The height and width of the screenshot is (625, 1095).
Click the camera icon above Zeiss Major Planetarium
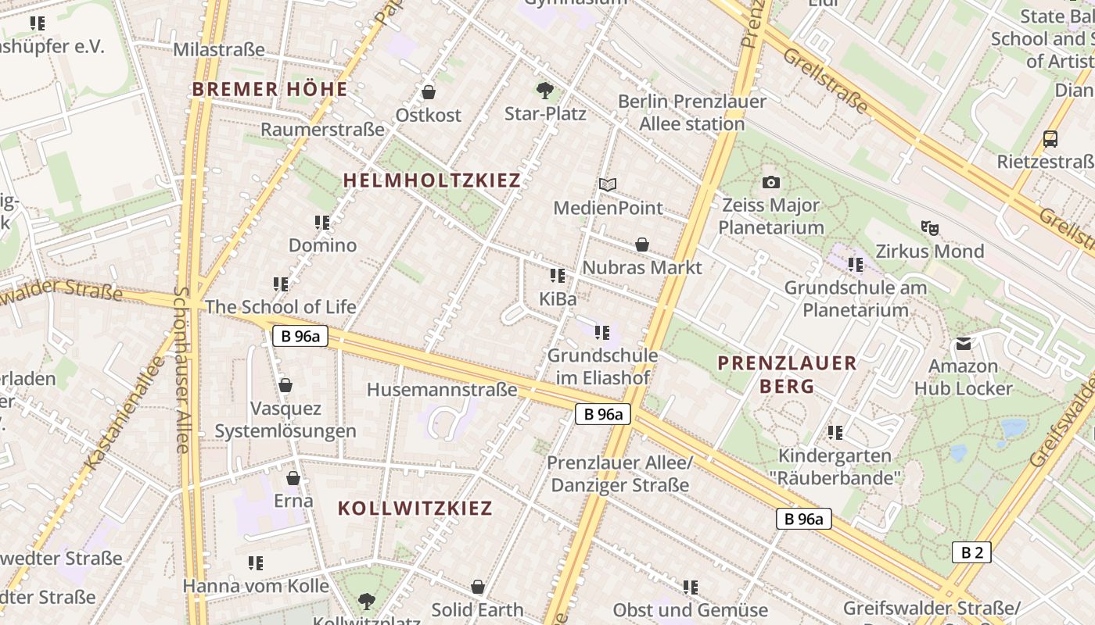771,183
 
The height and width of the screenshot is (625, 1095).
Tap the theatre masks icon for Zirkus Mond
929,228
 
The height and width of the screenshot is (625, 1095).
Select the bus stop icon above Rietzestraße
1050,139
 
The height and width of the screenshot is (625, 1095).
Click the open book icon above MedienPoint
608,185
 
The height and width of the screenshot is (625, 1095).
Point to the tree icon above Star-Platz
545,91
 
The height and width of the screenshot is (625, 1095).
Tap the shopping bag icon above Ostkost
429,92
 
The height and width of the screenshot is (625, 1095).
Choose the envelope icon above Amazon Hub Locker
963,344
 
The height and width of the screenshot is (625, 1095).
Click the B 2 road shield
971,552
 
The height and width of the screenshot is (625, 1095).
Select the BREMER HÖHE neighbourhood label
270,89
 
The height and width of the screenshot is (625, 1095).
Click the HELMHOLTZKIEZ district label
432,180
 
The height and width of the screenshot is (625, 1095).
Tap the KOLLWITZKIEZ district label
415,508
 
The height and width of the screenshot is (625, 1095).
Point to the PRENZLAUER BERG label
787,374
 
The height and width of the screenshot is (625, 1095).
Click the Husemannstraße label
442,389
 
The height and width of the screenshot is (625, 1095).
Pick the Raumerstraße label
322,129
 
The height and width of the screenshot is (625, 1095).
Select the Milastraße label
219,50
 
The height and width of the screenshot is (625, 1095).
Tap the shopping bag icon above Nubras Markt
642,245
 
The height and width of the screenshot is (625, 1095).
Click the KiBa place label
558,298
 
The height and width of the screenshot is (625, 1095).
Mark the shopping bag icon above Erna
293,478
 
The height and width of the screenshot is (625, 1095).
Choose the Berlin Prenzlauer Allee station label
692,112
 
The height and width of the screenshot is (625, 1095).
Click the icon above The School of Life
281,284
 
